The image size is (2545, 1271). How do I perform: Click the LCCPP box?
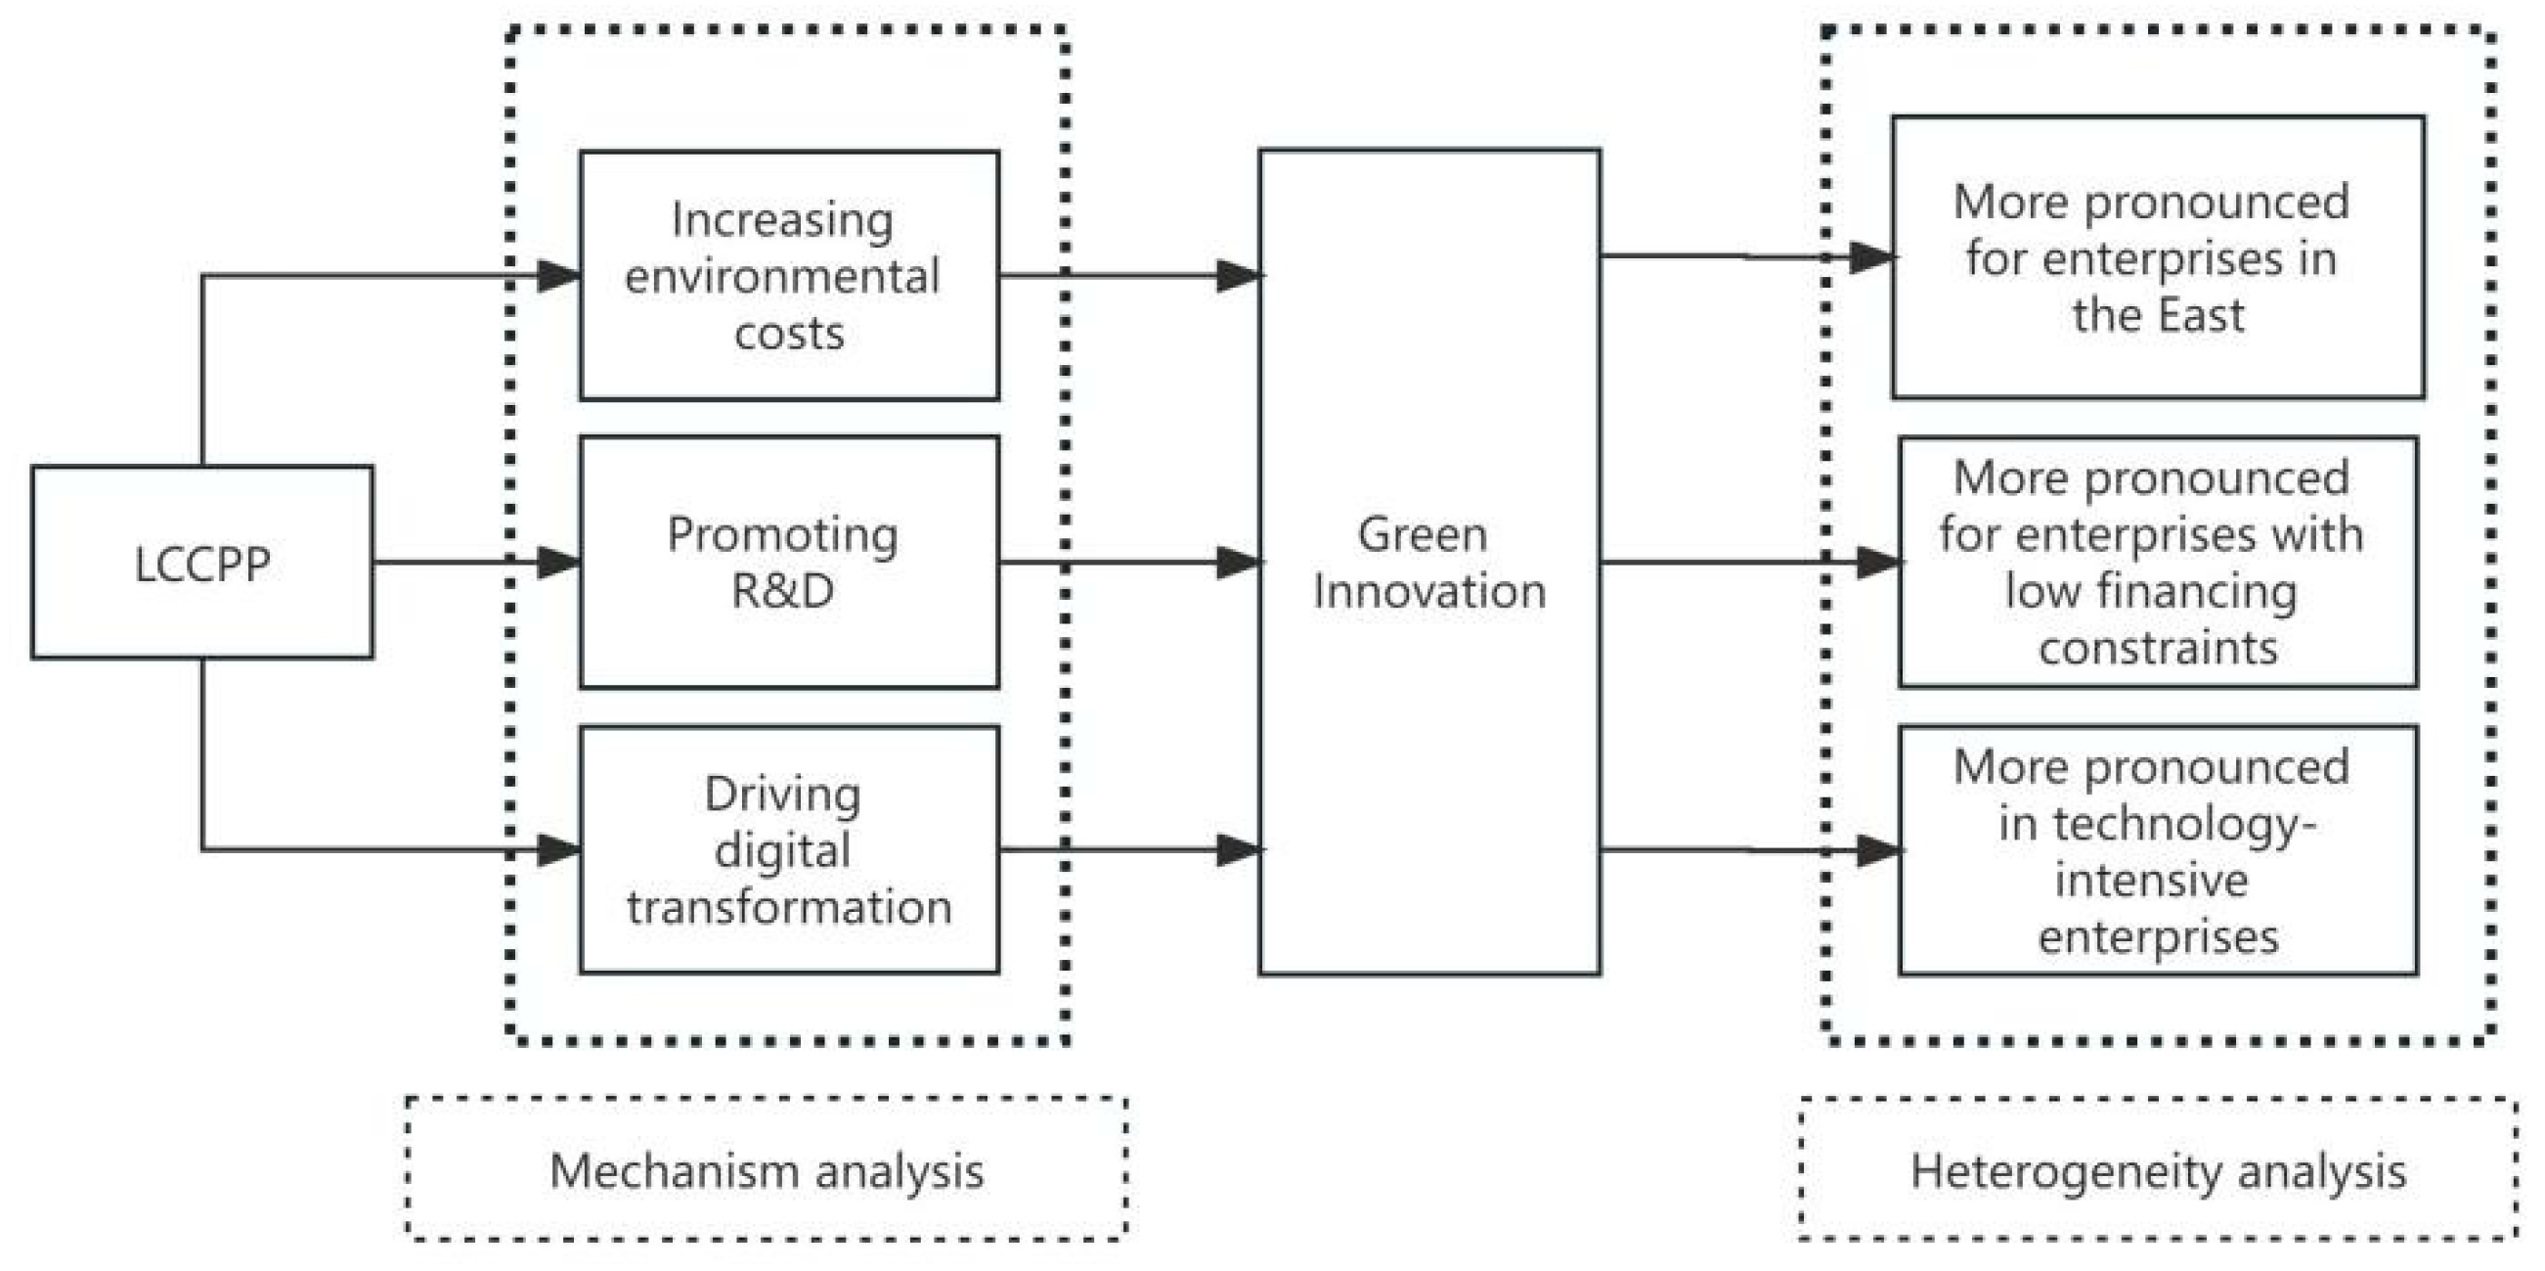(x=201, y=563)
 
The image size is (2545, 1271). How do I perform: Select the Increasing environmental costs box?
(x=788, y=276)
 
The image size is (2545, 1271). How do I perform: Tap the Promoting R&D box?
(x=788, y=563)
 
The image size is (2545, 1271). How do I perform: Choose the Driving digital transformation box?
(x=788, y=850)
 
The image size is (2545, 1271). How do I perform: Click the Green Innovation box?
(x=1428, y=563)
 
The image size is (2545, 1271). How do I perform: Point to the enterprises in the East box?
(x=2157, y=258)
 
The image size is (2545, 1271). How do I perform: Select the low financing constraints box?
(x=2157, y=563)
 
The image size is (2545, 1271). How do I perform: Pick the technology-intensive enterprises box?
(x=2157, y=851)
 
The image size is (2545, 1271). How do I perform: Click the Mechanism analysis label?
(x=766, y=1170)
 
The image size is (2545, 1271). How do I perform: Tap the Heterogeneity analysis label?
(x=2158, y=1171)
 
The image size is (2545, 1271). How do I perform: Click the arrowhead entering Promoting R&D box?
(x=559, y=563)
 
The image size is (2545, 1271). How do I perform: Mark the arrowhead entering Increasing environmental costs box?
(x=559, y=276)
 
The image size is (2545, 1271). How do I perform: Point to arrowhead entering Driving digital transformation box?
(x=559, y=850)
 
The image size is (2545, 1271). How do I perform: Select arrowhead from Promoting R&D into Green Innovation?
(x=1239, y=563)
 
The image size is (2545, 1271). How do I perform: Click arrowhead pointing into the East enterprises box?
(x=1871, y=258)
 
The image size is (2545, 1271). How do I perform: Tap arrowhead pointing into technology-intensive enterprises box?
(x=1879, y=851)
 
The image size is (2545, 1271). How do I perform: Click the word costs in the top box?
(x=788, y=333)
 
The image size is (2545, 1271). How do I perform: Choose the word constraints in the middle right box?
(x=2158, y=649)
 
